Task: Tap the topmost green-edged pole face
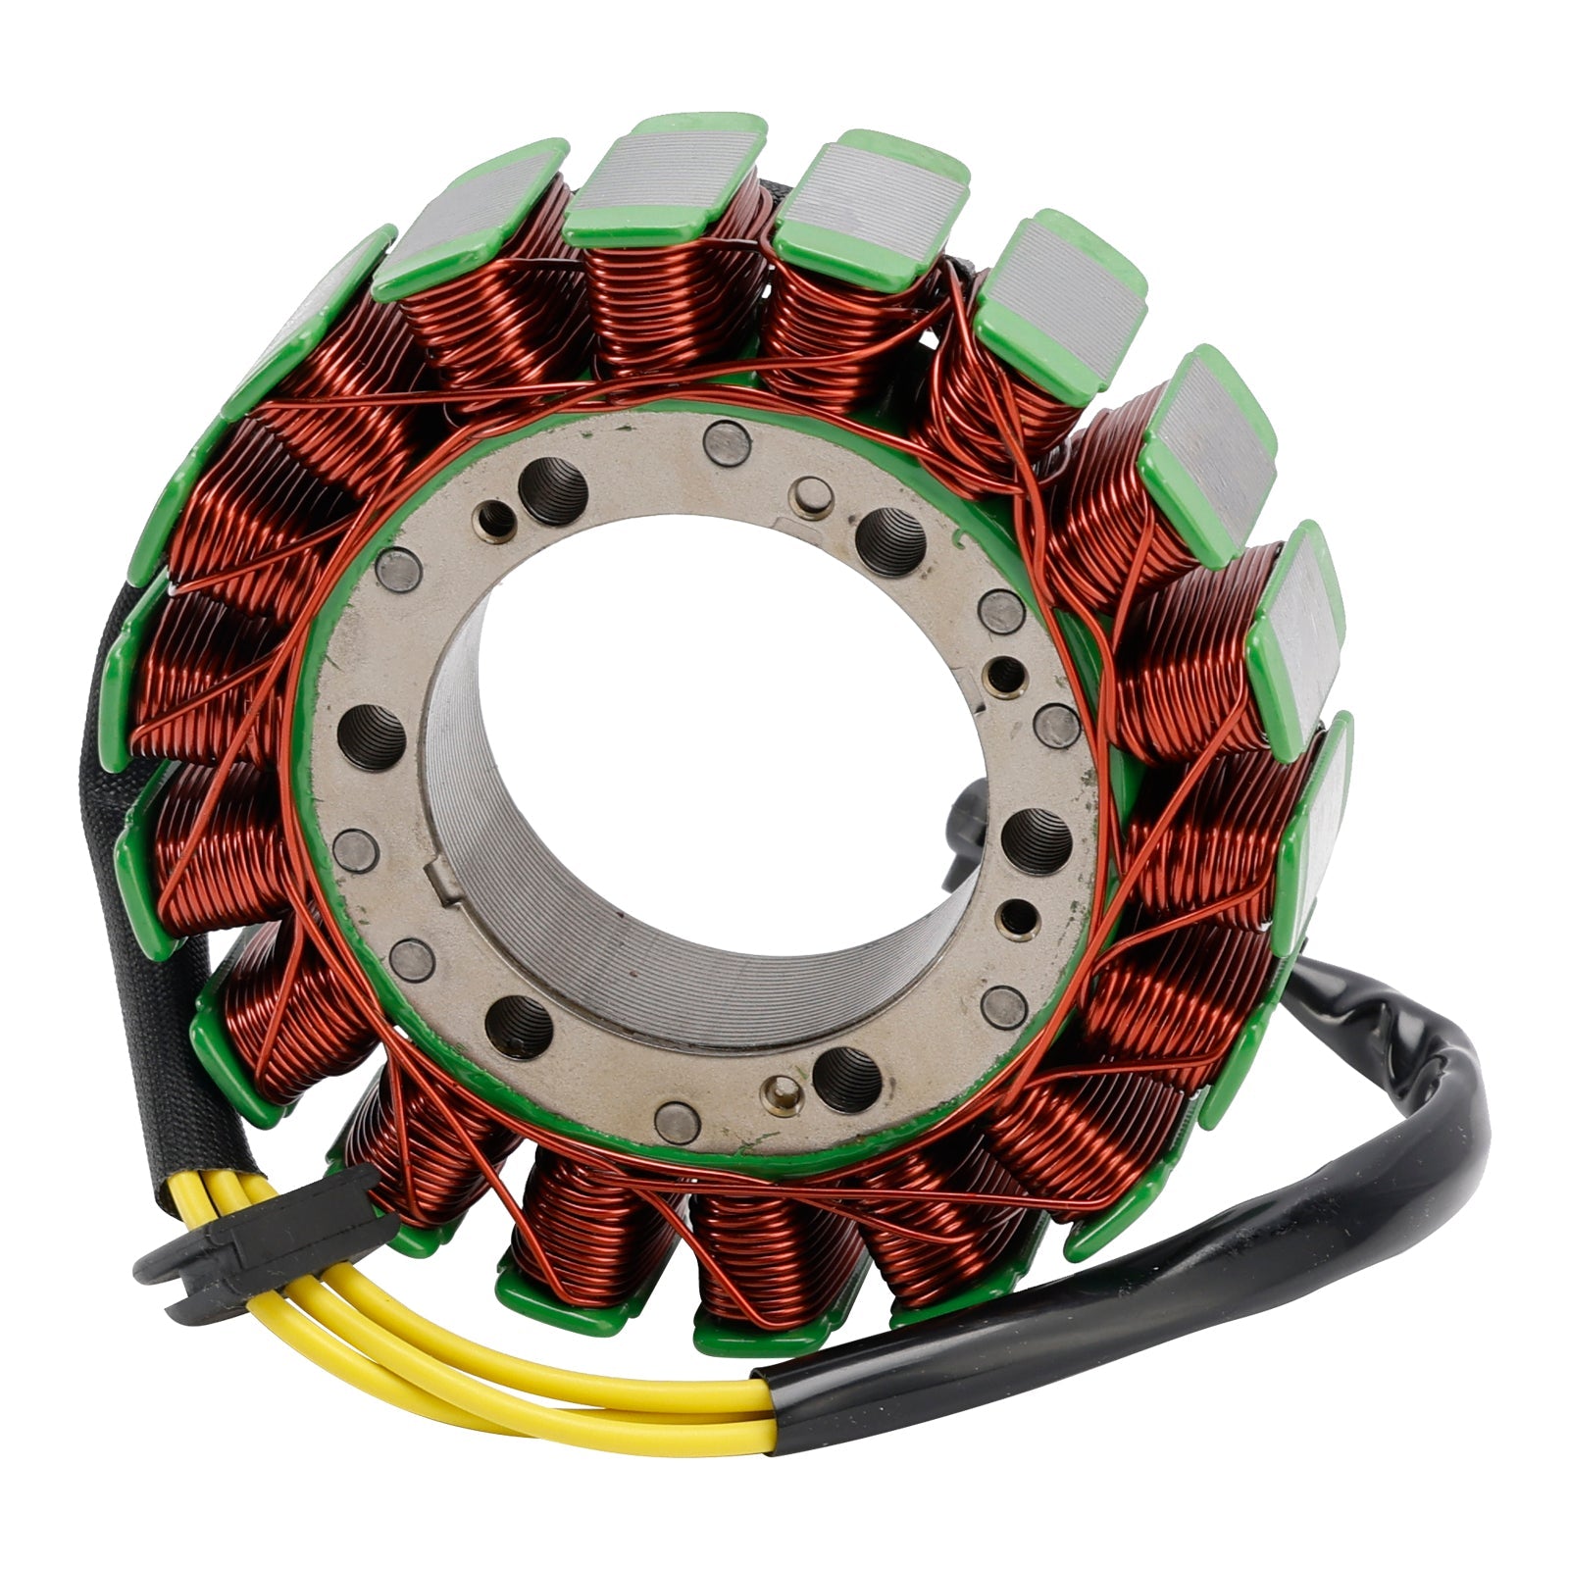(667, 167)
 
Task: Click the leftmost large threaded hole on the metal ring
(375, 735)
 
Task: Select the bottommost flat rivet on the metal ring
(677, 1118)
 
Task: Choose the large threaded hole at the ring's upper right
(890, 540)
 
